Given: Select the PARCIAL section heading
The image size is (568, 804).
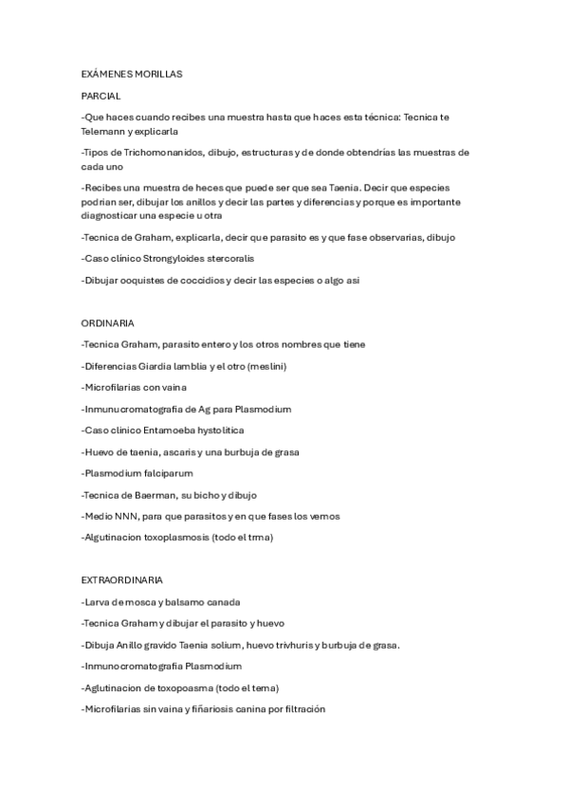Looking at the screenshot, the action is pos(101,96).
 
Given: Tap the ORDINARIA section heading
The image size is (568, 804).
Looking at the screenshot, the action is pos(107,322).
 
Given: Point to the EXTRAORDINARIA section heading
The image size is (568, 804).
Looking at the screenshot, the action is pos(122,578).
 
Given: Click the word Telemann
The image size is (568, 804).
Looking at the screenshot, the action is pos(104,131).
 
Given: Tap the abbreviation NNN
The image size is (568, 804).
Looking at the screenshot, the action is pos(124,516).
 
